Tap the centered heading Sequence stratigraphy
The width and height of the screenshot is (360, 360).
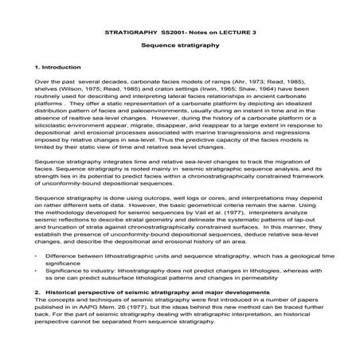179,48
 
